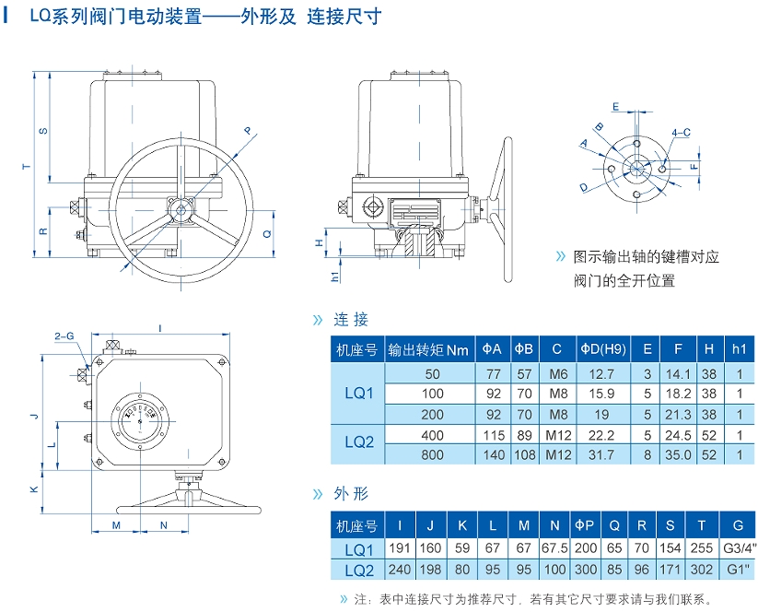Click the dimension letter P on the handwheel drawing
click(247, 132)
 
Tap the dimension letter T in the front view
click(27, 167)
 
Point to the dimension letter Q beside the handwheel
click(267, 234)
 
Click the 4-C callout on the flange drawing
click(681, 133)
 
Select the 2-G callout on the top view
click(64, 336)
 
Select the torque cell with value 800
click(432, 454)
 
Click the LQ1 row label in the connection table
click(358, 394)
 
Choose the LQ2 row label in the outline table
click(358, 571)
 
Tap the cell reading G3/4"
click(738, 551)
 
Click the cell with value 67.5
click(554, 551)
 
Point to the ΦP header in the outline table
click(585, 526)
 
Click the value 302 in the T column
click(702, 571)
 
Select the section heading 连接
click(351, 320)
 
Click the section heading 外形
click(351, 494)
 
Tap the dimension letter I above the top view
click(160, 327)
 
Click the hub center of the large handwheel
click(181, 210)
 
